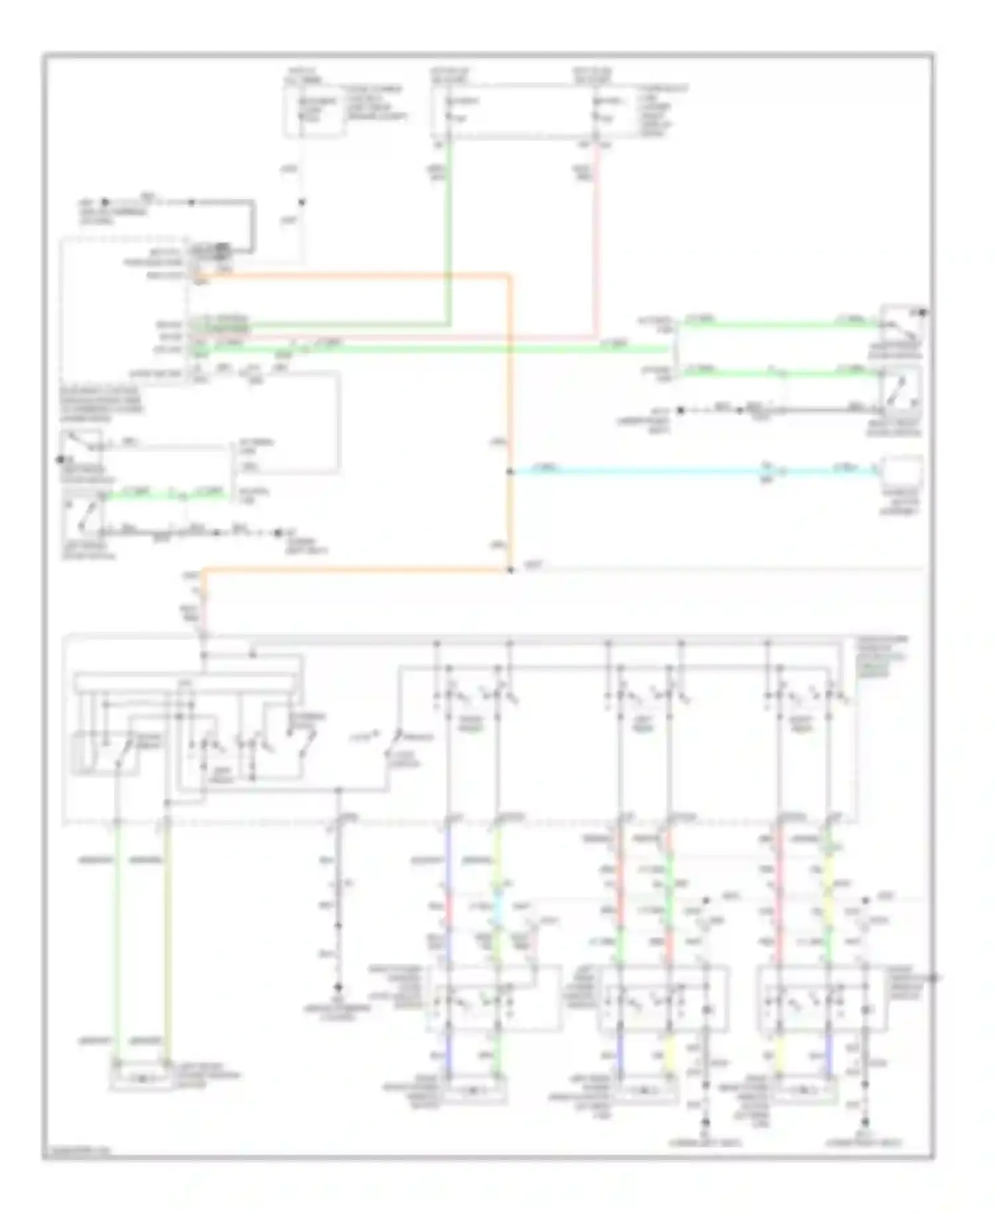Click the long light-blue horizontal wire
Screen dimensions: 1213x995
pos(637,472)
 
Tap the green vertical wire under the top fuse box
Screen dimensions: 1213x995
pos(449,232)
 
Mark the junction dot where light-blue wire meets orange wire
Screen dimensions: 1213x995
pos(509,472)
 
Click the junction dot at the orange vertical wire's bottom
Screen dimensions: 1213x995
pos(509,569)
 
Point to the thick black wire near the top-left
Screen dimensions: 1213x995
pos(252,226)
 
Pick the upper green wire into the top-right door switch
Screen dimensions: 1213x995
pos(776,324)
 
